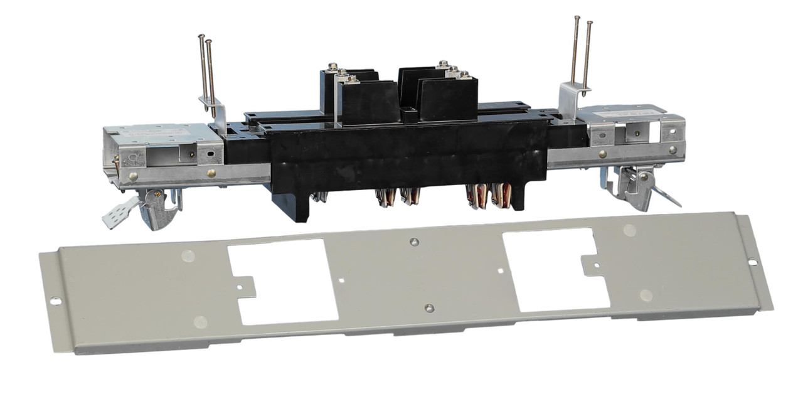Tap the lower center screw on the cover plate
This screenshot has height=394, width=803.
429,308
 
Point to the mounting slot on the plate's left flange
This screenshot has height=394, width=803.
55,301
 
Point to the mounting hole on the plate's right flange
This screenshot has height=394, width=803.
752,262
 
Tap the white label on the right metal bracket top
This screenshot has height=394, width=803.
621,113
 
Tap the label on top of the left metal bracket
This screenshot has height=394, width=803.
157,131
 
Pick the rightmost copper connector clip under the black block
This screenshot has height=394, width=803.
501,195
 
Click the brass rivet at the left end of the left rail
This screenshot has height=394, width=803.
133,178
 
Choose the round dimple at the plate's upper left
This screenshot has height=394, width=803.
187,255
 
